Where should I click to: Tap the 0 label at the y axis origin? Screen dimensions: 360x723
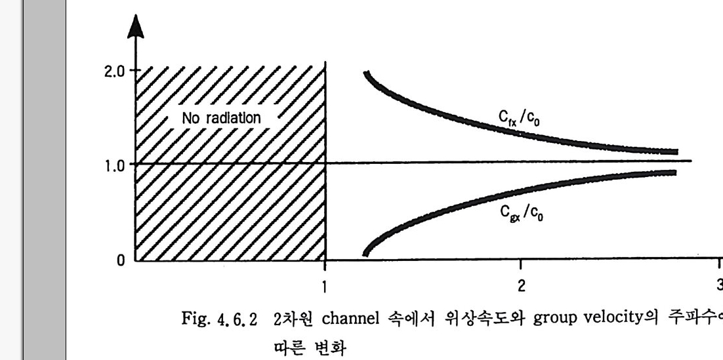pyautogui.click(x=120, y=260)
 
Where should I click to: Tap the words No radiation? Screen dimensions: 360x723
pyautogui.click(x=222, y=119)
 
